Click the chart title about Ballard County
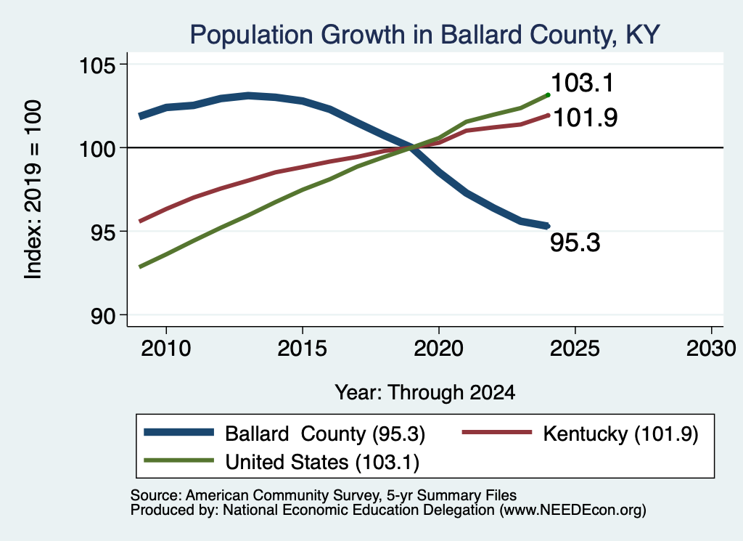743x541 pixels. click(x=424, y=35)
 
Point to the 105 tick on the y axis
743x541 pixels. click(x=97, y=65)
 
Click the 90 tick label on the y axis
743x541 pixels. click(x=103, y=316)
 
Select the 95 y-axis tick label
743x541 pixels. click(x=103, y=232)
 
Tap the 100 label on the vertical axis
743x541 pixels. click(x=97, y=149)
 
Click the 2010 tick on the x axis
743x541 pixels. click(x=166, y=349)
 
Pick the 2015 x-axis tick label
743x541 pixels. click(x=303, y=349)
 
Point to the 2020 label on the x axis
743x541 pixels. click(x=439, y=349)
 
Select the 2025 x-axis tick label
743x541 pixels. click(x=575, y=349)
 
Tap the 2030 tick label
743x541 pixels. click(x=711, y=349)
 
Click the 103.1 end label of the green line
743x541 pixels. click(x=583, y=83)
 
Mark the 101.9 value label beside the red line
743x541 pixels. click(x=586, y=118)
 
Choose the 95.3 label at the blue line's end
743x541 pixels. click(x=575, y=243)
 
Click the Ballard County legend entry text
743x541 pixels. click(x=324, y=434)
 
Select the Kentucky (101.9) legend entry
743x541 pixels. click(x=621, y=434)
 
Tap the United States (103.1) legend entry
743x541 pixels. click(x=322, y=463)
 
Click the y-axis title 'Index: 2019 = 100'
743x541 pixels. click(x=33, y=190)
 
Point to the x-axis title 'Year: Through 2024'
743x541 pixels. click(x=425, y=393)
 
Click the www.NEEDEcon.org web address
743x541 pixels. click(x=572, y=511)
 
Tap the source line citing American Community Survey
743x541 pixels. click(x=323, y=495)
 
